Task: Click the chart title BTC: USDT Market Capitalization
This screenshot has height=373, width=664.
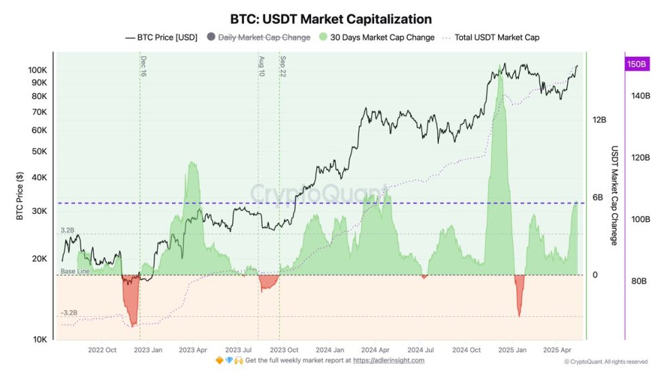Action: (x=331, y=19)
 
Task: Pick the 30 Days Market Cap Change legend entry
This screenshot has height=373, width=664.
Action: (x=382, y=38)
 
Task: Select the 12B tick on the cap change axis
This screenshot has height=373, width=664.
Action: (x=599, y=120)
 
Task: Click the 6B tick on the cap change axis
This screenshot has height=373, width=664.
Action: (x=598, y=198)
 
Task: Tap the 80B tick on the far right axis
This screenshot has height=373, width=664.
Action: (x=640, y=281)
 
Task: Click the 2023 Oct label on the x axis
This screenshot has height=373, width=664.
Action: (x=285, y=350)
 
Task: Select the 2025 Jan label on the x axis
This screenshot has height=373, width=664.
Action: (x=512, y=350)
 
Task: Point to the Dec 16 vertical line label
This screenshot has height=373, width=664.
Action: (x=144, y=66)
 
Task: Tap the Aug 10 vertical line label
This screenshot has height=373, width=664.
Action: (x=262, y=66)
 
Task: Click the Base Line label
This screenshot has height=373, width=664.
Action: (x=75, y=271)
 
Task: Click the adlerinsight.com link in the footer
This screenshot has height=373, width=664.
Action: (x=388, y=360)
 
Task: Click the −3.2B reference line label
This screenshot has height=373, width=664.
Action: (x=69, y=313)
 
